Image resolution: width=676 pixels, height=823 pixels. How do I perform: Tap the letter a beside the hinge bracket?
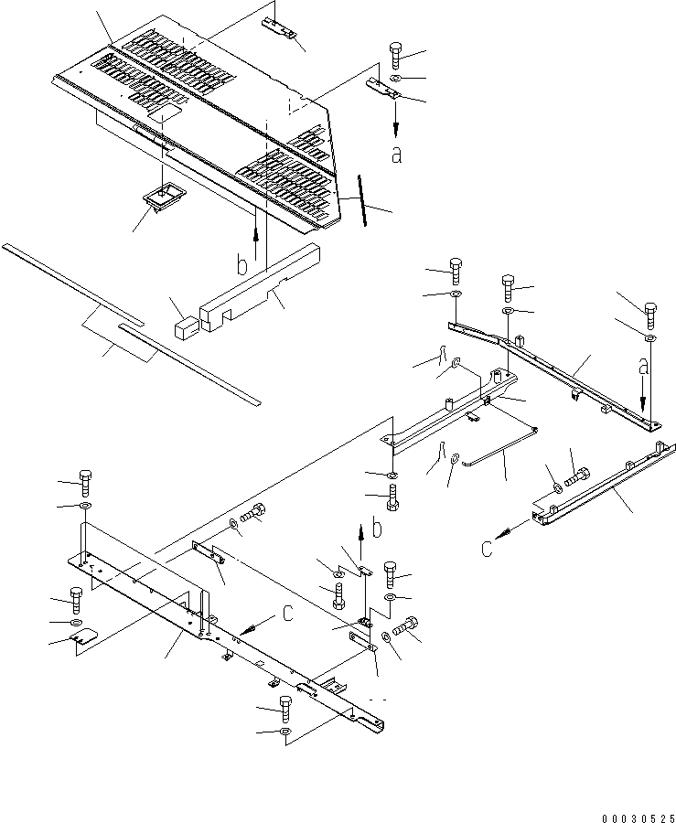point(396,155)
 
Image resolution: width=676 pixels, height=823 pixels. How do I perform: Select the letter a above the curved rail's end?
point(645,367)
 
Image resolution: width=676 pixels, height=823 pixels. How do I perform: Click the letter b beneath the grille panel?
point(241,265)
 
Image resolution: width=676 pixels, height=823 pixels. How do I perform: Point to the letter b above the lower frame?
point(375,529)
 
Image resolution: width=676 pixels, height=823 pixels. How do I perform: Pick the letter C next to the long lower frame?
point(286,614)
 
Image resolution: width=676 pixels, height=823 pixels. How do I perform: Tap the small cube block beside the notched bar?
point(185,326)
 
